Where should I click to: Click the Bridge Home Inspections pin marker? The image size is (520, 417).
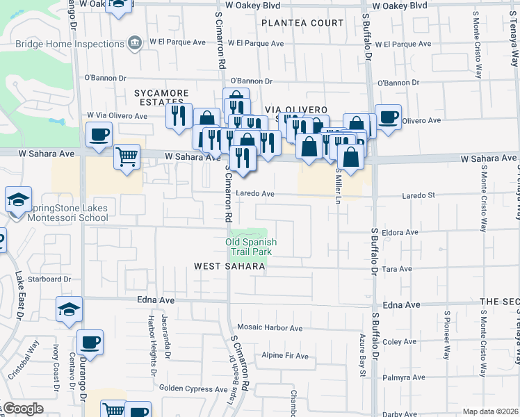tap(136, 43)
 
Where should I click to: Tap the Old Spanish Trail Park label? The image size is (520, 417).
tap(251, 247)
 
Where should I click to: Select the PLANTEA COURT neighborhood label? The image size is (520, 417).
tap(302, 23)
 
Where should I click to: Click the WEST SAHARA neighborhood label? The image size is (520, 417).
tap(229, 266)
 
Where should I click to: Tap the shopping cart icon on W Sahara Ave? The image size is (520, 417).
tap(127, 157)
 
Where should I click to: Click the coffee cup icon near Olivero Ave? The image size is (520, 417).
tap(388, 116)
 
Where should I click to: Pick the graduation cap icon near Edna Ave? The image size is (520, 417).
tap(69, 309)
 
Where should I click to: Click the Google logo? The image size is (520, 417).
tap(22, 409)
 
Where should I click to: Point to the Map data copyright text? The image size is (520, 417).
tap(490, 411)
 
